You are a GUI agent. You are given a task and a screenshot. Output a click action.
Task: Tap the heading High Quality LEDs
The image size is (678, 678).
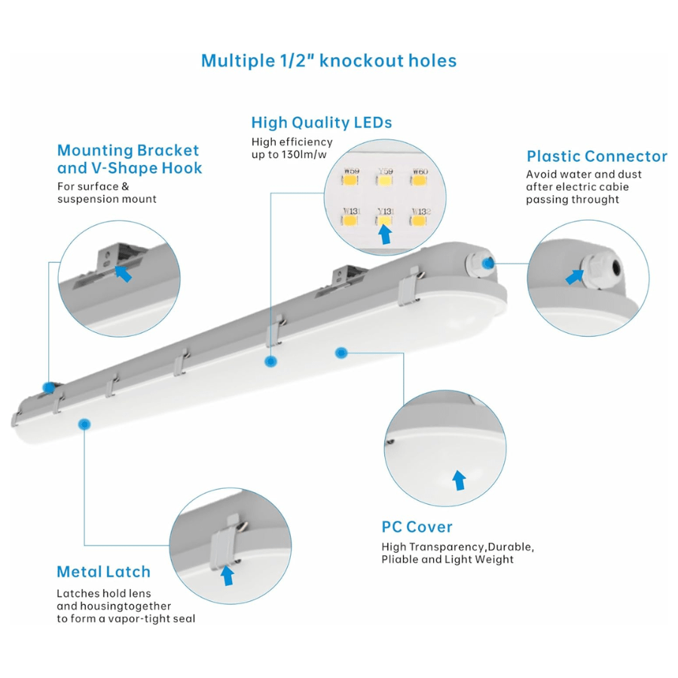click(322, 123)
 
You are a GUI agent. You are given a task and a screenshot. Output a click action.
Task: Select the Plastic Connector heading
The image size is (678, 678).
click(597, 157)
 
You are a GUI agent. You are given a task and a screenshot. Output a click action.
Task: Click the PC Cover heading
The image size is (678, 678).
click(417, 527)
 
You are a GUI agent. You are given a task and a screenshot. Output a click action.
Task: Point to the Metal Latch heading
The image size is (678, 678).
click(103, 572)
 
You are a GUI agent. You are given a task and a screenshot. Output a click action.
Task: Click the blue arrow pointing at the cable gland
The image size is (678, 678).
click(575, 277)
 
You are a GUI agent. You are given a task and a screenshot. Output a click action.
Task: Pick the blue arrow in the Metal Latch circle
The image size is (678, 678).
click(227, 576)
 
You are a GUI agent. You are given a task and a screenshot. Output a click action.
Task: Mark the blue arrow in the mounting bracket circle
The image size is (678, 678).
click(123, 273)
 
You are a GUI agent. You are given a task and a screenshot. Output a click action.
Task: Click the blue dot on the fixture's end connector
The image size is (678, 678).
click(490, 262)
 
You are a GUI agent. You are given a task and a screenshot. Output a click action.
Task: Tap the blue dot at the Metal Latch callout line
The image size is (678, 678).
click(84, 424)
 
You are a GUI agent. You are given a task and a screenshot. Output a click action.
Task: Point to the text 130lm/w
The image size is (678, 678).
click(310, 154)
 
